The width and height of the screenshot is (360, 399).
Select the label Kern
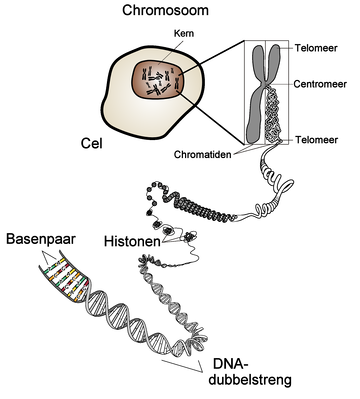(x=155, y=34)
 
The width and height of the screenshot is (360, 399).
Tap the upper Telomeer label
(x=317, y=46)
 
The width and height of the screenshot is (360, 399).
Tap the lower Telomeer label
(x=317, y=141)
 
